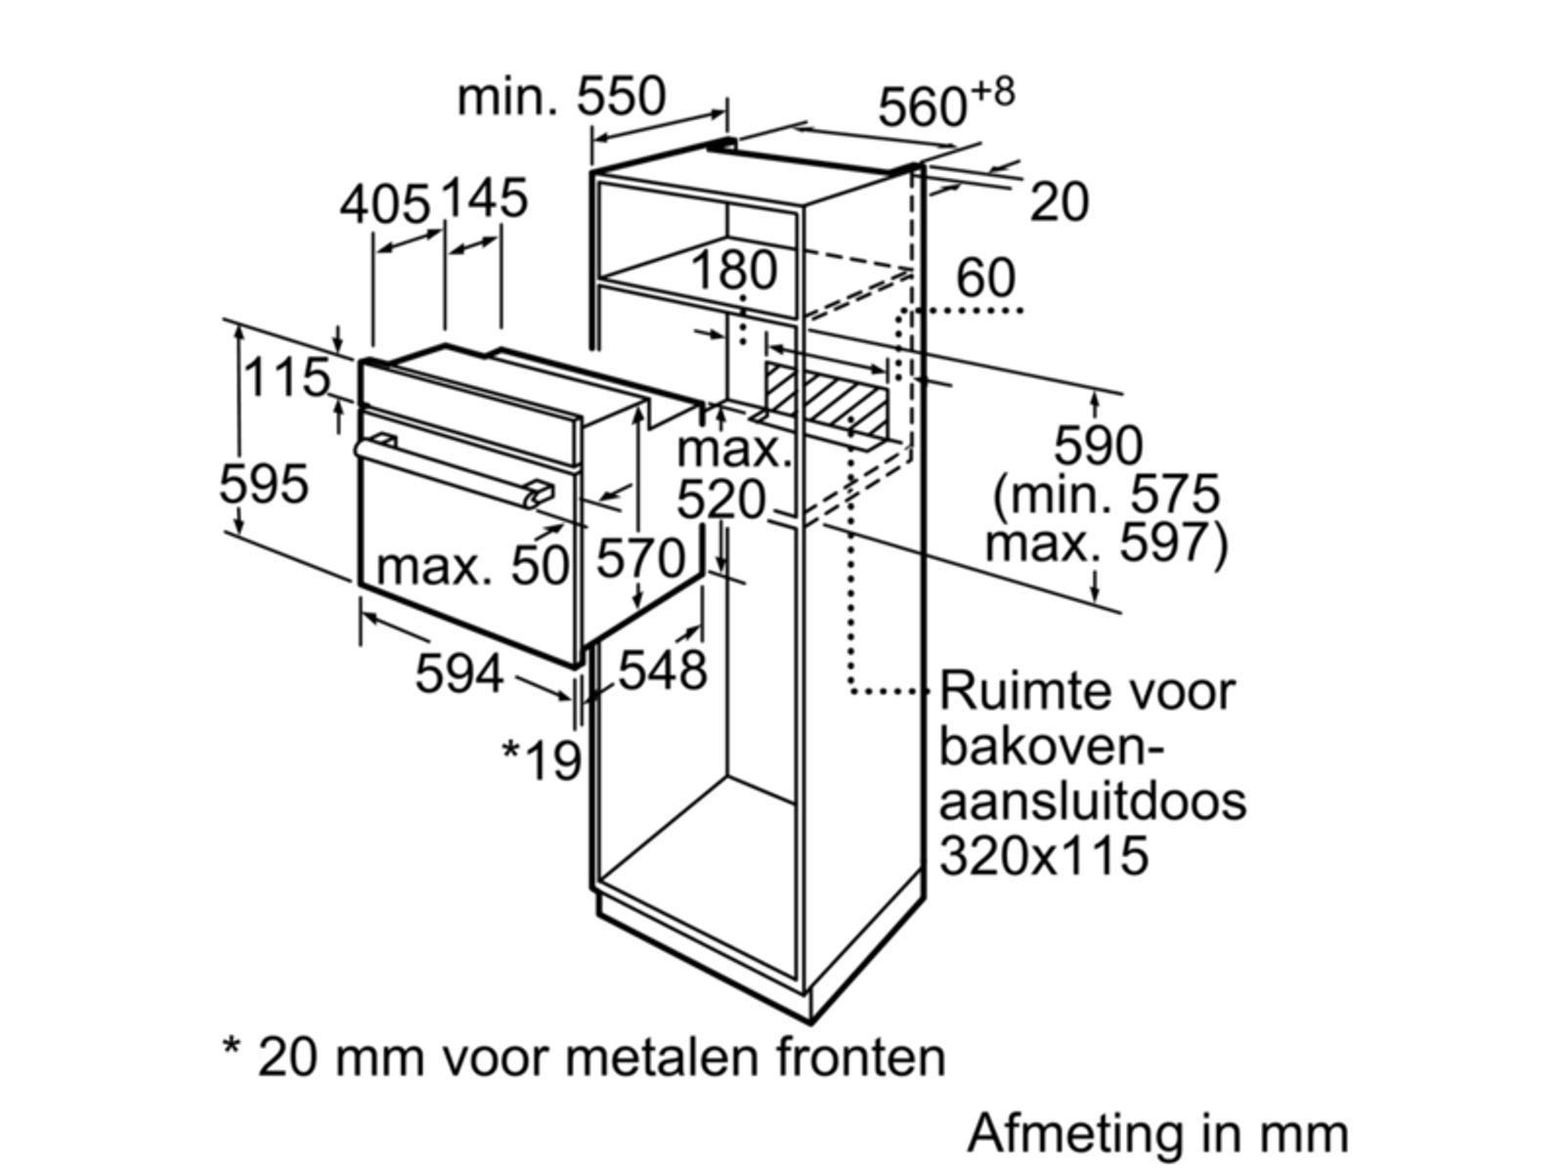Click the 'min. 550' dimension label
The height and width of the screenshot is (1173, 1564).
(561, 97)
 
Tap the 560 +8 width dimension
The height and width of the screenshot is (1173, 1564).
(945, 102)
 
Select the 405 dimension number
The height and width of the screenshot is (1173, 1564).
(385, 205)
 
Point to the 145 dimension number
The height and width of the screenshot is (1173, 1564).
(485, 197)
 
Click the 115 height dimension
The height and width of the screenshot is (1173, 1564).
(286, 377)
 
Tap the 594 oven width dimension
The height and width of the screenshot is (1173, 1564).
(459, 673)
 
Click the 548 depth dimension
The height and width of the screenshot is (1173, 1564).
(663, 671)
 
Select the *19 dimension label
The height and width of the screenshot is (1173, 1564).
(542, 760)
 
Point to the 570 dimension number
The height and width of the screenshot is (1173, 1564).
(641, 559)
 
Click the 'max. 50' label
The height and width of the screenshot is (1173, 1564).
(472, 565)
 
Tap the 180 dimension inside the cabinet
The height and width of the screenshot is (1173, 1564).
(734, 270)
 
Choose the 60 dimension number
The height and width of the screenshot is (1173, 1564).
(985, 278)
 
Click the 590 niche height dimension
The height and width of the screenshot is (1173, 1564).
(1098, 446)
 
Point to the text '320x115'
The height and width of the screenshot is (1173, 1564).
(1044, 855)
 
